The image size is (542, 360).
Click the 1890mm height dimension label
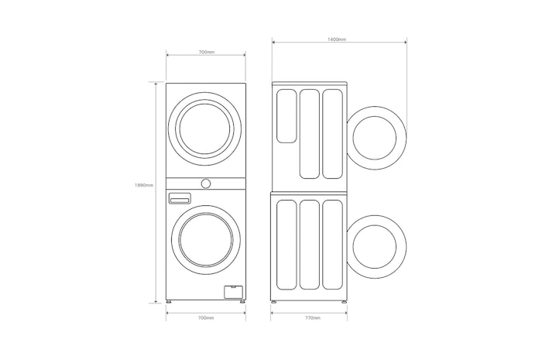coord(144,185)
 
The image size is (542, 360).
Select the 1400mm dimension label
coord(337,39)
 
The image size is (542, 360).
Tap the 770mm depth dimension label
coord(313,318)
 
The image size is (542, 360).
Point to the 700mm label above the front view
coord(207,52)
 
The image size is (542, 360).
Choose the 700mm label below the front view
coord(206,318)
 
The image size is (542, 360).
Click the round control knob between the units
coord(206,183)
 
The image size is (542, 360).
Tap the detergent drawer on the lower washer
coord(179,199)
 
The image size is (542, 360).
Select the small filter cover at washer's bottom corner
coord(233,292)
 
